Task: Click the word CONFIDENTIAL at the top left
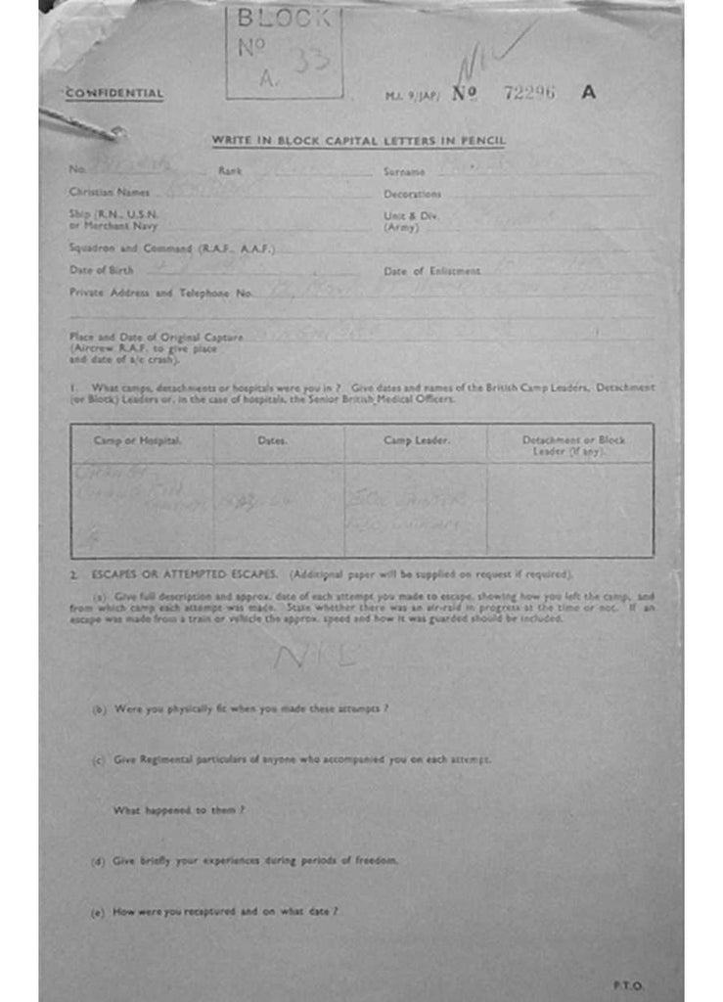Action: pos(113,94)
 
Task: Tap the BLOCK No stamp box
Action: pos(285,52)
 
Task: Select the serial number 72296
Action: pos(528,93)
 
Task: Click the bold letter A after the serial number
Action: pos(588,93)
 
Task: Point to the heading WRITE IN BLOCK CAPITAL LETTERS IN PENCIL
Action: pos(359,141)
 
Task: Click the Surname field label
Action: pos(404,172)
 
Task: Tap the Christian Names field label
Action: pos(110,193)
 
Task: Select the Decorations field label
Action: pos(412,195)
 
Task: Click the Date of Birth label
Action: pos(94,270)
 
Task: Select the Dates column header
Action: pos(272,441)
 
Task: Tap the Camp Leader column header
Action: pos(416,441)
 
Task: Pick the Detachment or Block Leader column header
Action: pos(572,445)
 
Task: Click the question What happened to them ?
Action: pos(179,810)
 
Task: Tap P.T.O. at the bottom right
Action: pos(628,985)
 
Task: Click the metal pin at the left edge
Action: pos(83,123)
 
